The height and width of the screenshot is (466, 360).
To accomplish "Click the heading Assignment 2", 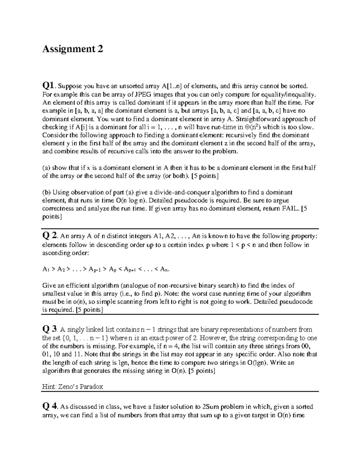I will click(x=73, y=49).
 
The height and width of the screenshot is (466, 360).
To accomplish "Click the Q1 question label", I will click(x=49, y=86).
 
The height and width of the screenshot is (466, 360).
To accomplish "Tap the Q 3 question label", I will click(x=50, y=329).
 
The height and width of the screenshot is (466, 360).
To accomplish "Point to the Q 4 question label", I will click(x=50, y=407).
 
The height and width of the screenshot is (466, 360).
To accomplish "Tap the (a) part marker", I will click(x=46, y=168).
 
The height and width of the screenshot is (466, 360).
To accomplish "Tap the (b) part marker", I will click(x=46, y=192).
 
